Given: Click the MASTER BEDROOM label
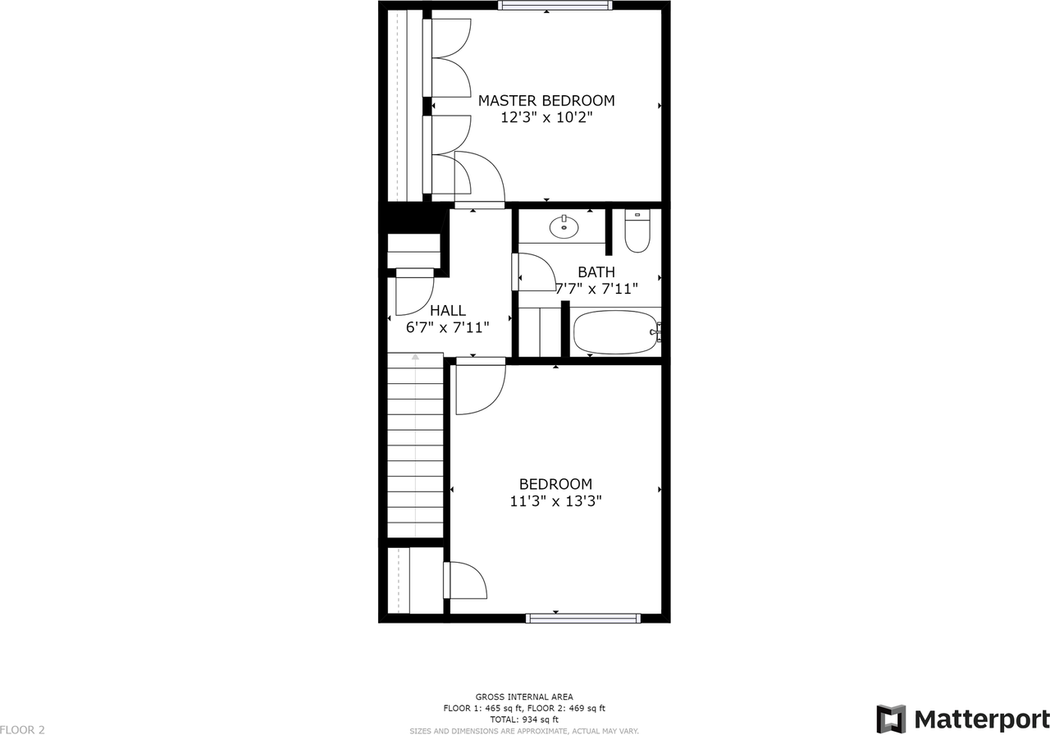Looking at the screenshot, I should tap(546, 101).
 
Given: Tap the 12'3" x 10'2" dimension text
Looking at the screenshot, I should tap(546, 118).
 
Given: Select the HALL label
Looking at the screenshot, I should tap(448, 310).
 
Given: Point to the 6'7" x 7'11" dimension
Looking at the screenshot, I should tap(448, 327).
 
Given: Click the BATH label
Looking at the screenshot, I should tap(596, 272).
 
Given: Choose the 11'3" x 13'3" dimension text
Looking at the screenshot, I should tap(555, 501).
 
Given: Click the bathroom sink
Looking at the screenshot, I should tap(564, 226).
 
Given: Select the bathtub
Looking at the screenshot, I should tap(616, 331).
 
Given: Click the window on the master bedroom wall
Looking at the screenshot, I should tap(555, 5).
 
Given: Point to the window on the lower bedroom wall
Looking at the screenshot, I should tap(583, 619).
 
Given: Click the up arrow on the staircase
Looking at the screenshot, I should tap(416, 358).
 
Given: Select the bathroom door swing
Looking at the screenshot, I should tap(536, 272).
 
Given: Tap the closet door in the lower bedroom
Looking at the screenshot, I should tap(466, 581).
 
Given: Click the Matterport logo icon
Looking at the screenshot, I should tap(891, 719).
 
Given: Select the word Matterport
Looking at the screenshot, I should tap(981, 719).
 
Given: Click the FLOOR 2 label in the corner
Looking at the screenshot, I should tap(23, 729).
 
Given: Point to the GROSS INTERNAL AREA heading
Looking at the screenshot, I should tap(524, 696).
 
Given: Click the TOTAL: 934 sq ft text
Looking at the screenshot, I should tap(524, 719).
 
